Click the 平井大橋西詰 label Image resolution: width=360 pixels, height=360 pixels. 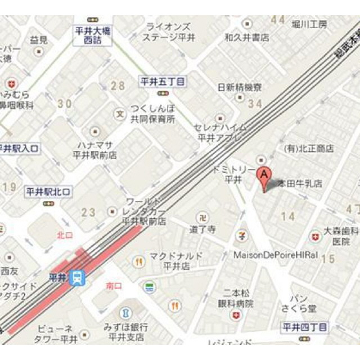pos(93,35)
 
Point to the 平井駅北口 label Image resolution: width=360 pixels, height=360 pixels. pos(49,192)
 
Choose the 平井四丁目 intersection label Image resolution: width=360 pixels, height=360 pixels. pos(304,326)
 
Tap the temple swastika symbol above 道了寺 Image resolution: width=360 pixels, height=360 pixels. pos(201,218)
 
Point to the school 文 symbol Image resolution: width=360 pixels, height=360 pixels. pos(119,114)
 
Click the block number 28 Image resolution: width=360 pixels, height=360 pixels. pos(117,86)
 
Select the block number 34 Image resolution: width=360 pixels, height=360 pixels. pos(255,103)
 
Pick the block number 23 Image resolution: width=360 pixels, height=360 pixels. pos(88,213)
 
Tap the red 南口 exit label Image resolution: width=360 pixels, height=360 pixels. pos(114,286)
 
